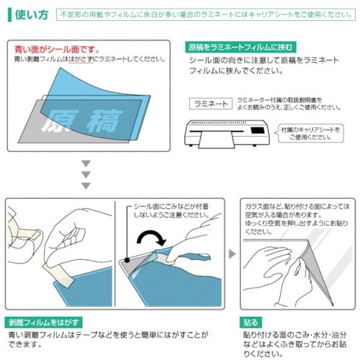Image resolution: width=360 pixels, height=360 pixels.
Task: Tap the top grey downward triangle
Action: (x=86, y=163)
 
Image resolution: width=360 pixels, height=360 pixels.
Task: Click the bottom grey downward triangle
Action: (x=86, y=186)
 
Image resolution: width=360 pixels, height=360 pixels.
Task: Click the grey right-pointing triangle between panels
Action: (x=232, y=254)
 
